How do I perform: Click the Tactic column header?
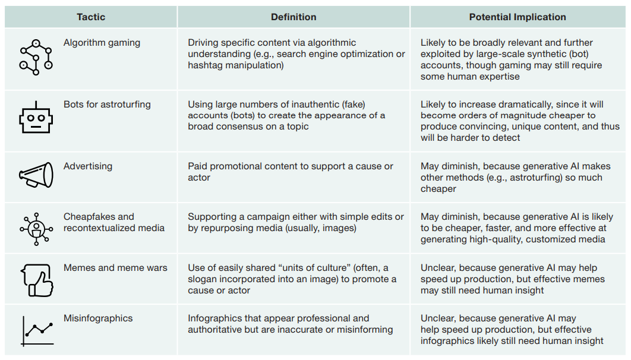tap(90, 17)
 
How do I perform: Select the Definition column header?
tap(294, 17)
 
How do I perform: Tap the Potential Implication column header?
tap(517, 17)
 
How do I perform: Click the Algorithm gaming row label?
tap(102, 43)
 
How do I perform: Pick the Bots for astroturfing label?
tap(107, 105)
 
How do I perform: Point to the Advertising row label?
tap(88, 166)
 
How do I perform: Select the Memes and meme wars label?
tap(115, 268)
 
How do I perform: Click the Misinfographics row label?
tap(98, 318)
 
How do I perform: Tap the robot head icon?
tap(36, 117)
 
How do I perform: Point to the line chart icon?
tap(37, 330)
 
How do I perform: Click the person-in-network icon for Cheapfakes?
tap(36, 228)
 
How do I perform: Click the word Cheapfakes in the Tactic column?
tap(90, 217)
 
